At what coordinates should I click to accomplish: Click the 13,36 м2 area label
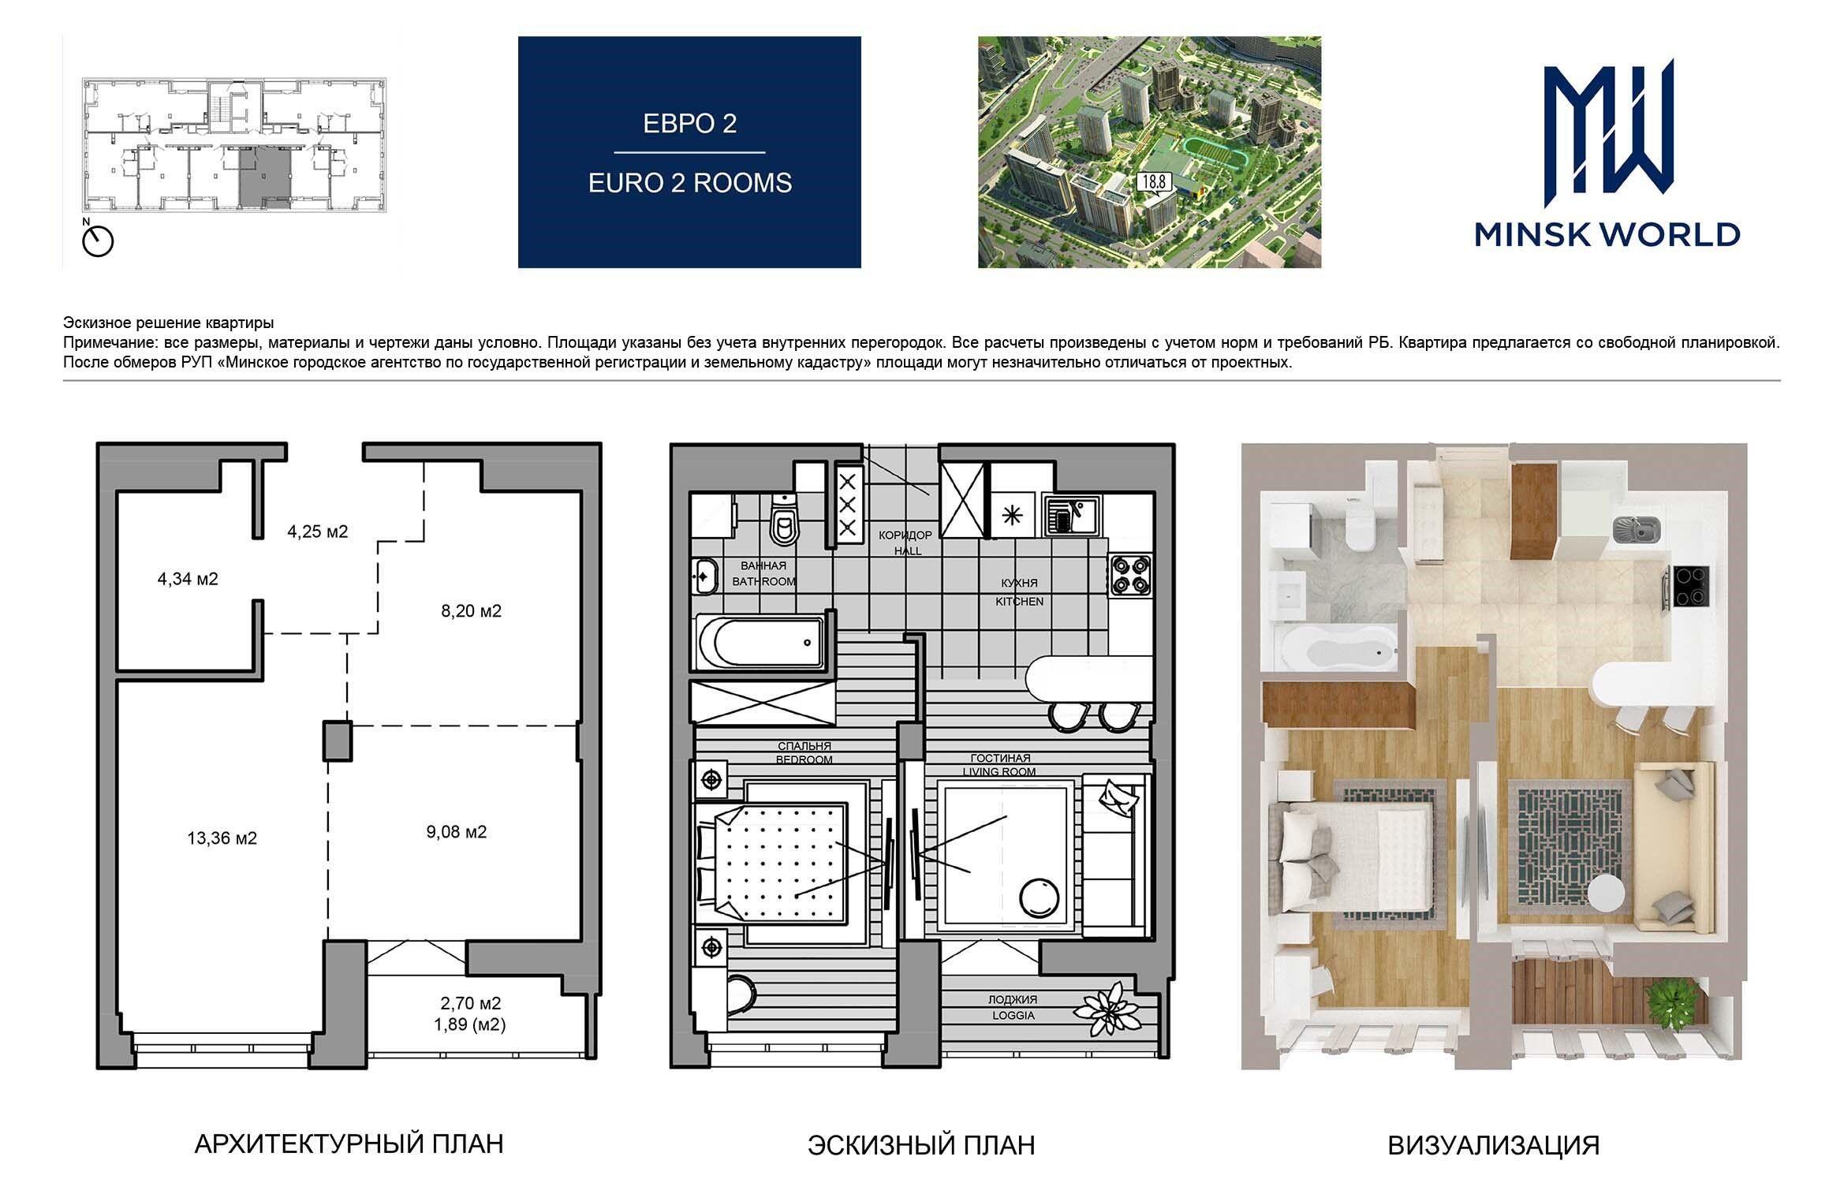tap(222, 838)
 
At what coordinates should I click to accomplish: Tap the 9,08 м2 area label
tap(457, 832)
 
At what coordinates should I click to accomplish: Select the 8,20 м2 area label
tap(471, 611)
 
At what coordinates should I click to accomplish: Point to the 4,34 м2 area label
tap(188, 579)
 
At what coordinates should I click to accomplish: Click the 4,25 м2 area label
tap(317, 532)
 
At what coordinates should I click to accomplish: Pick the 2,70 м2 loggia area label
tap(471, 1004)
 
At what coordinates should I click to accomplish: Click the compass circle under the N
tap(99, 241)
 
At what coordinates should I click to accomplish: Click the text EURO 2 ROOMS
tap(690, 183)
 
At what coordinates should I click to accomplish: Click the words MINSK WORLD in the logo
tap(1607, 234)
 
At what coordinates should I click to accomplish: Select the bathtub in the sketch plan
tap(762, 642)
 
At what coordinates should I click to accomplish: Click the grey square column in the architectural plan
tap(338, 741)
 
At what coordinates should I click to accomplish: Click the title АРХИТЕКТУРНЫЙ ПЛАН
tap(349, 1144)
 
